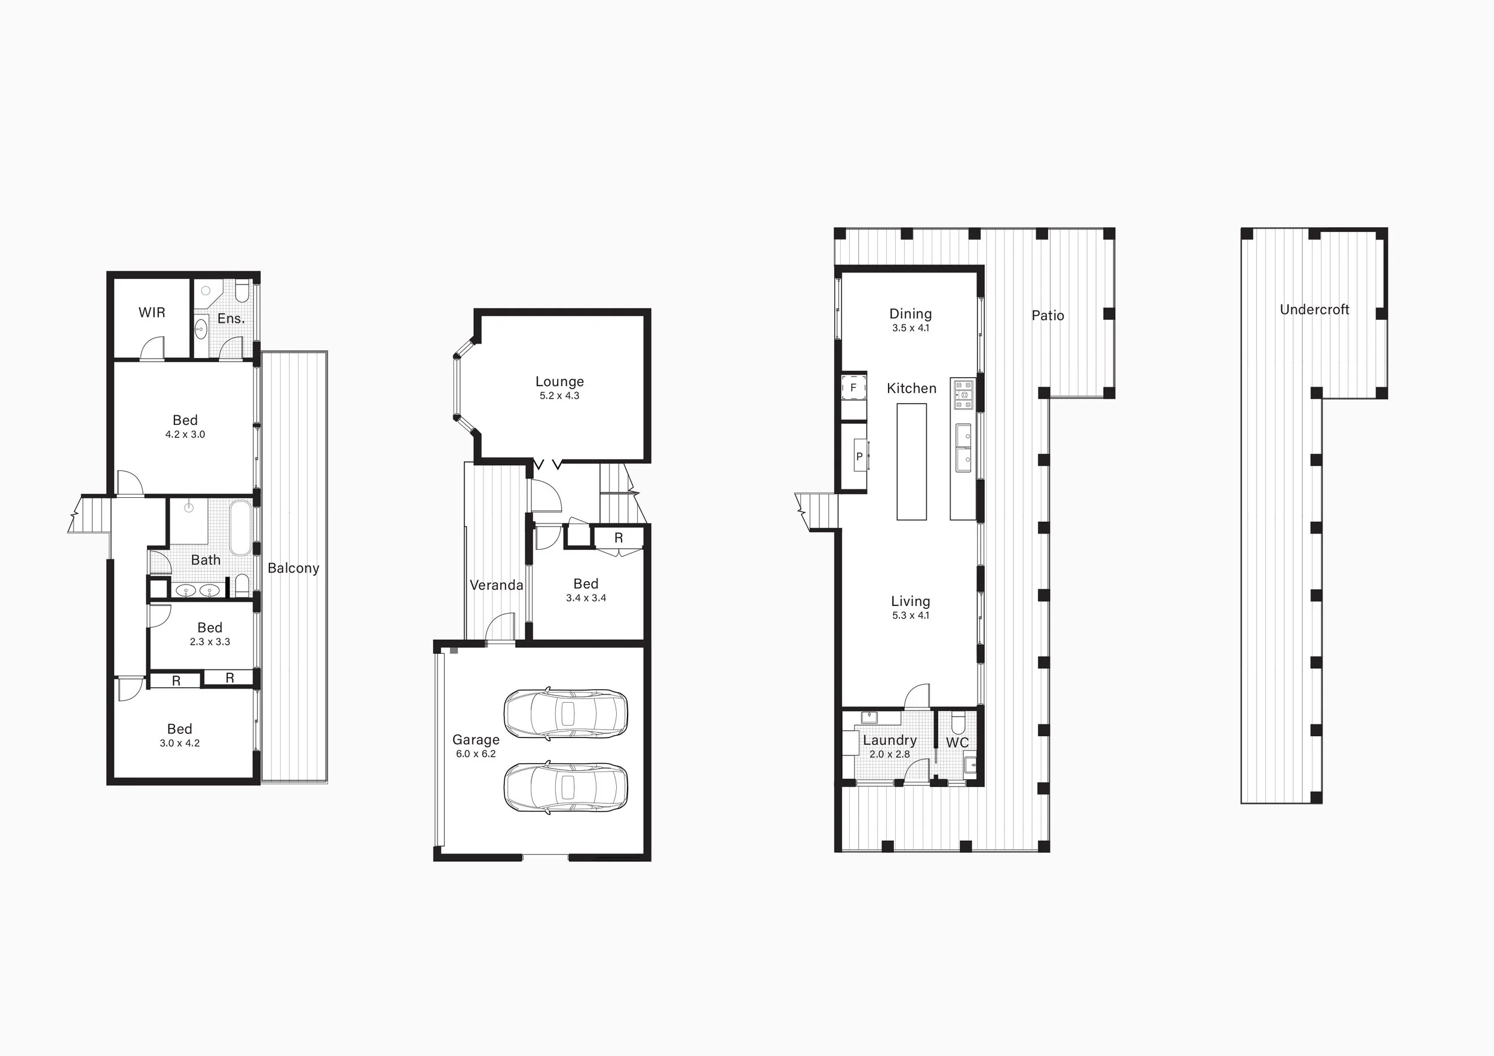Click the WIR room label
point(152,313)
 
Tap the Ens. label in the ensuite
point(231,318)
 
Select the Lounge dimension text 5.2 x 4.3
point(559,396)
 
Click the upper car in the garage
point(566,713)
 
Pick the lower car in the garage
point(566,787)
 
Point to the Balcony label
point(293,568)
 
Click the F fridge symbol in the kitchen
point(854,388)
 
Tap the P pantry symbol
point(859,456)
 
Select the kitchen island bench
point(911,461)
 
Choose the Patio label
point(1048,316)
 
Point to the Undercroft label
point(1314,310)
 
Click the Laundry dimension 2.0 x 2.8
point(889,754)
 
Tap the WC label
point(957,742)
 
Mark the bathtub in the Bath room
point(240,528)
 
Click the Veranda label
point(497,585)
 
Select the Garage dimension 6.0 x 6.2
point(476,754)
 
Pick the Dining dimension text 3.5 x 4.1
point(910,328)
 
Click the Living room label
point(910,602)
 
